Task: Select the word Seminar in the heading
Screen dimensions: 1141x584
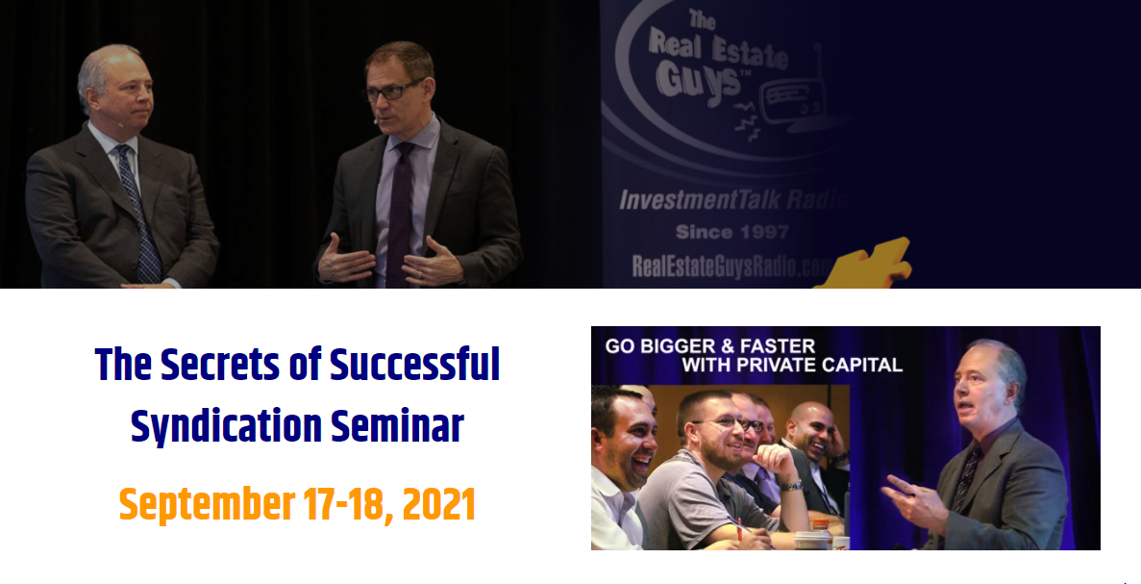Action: pyautogui.click(x=397, y=426)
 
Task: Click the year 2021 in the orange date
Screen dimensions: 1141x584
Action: pyautogui.click(x=438, y=504)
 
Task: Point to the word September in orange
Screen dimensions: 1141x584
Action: pyautogui.click(x=207, y=505)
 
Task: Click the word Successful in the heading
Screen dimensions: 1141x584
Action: pyautogui.click(x=414, y=364)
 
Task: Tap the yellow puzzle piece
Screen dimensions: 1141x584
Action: pyautogui.click(x=866, y=265)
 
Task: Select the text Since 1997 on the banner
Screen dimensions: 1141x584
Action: pyautogui.click(x=732, y=232)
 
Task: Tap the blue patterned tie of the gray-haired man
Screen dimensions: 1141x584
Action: pyautogui.click(x=140, y=215)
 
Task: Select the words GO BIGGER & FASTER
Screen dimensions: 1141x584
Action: pyautogui.click(x=709, y=346)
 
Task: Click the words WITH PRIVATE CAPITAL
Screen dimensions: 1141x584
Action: pyautogui.click(x=792, y=365)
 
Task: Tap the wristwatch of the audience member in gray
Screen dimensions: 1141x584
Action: pyautogui.click(x=791, y=485)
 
